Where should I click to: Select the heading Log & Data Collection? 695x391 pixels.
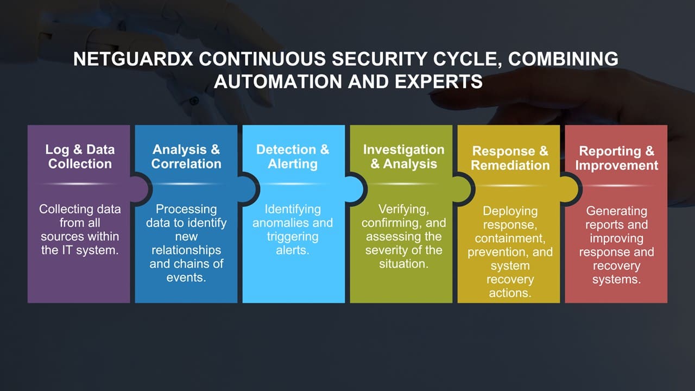click(x=80, y=156)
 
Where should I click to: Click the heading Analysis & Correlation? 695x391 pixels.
click(x=186, y=156)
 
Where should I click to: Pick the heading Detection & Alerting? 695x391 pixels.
click(x=293, y=156)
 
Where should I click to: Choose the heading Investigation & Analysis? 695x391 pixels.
click(x=403, y=156)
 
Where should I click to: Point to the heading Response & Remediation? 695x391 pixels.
click(x=510, y=158)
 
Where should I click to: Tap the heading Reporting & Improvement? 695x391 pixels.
click(x=616, y=158)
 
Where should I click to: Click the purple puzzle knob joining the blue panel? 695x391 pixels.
click(x=141, y=190)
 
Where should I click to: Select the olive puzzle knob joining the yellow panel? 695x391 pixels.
click(x=463, y=190)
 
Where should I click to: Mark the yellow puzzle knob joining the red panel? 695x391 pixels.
click(x=570, y=190)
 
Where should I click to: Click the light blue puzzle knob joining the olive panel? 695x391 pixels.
click(x=356, y=190)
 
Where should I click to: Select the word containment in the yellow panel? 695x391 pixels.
click(x=510, y=238)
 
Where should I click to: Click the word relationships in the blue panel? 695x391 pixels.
click(x=186, y=250)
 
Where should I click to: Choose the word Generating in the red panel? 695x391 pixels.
click(x=616, y=211)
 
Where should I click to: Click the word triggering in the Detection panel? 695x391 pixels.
click(x=293, y=237)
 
